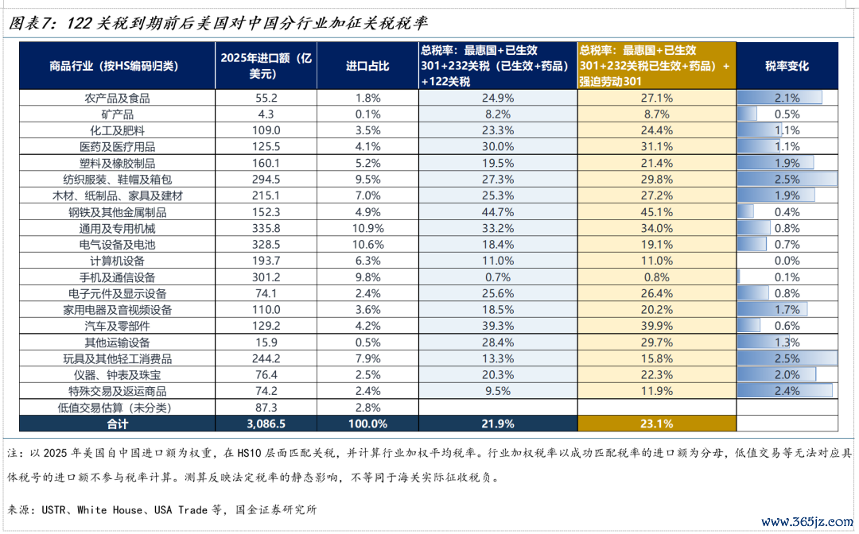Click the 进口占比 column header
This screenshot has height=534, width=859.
[367, 66]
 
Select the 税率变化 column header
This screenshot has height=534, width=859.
[787, 66]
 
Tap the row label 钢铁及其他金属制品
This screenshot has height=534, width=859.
[117, 212]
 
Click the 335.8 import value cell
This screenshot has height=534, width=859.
[266, 228]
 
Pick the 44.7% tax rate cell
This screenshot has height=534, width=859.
[498, 212]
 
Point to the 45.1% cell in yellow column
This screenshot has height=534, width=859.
[657, 212]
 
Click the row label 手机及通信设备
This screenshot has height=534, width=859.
[117, 277]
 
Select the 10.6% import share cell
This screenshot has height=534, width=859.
[367, 245]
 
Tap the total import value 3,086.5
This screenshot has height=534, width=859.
[266, 424]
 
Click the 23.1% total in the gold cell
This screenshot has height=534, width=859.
[657, 424]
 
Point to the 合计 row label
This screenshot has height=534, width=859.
[117, 424]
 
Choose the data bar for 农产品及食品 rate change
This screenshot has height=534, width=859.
[779, 98]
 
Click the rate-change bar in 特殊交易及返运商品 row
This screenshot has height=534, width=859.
[784, 391]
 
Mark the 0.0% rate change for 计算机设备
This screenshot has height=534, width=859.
[787, 261]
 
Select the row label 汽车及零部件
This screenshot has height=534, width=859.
[117, 326]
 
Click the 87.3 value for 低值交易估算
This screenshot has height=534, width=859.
[266, 408]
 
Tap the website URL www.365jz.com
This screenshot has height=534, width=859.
[807, 521]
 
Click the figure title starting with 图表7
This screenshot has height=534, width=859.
[217, 23]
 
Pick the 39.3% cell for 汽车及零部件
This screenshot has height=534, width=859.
[498, 326]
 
